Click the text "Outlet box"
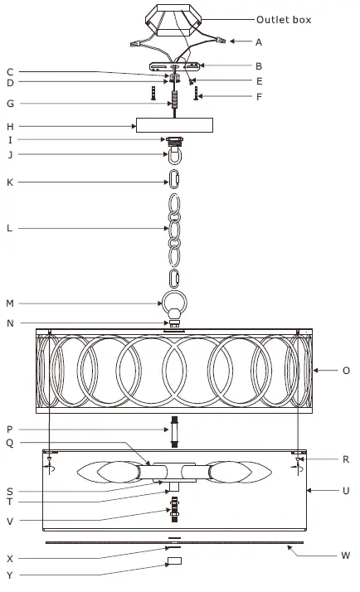point(285,19)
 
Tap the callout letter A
point(260,41)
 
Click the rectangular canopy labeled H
point(174,125)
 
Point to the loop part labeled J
point(175,157)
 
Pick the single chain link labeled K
point(175,178)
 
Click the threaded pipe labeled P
point(175,430)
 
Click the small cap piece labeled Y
point(174,562)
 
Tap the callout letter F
point(260,97)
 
